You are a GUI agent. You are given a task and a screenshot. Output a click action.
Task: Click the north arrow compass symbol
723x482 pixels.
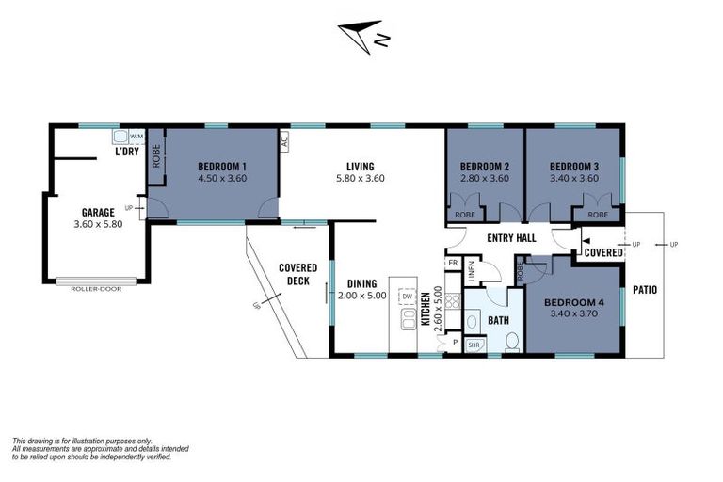362,36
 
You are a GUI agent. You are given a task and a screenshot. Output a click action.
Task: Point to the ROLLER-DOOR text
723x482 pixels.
97,288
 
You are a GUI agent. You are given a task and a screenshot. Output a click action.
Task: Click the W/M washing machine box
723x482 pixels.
137,136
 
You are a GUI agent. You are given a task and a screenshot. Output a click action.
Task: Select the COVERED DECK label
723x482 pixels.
297,273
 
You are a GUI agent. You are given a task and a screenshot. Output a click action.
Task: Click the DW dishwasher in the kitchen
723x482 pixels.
408,297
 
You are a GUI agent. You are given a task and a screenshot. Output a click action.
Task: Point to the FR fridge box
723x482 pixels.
453,264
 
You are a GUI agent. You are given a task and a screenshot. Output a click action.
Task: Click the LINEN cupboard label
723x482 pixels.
472,271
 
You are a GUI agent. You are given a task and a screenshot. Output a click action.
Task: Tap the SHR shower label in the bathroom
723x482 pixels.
474,344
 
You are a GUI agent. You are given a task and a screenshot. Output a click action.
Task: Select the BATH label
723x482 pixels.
498,320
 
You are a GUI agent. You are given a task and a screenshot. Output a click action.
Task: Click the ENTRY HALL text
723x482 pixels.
511,238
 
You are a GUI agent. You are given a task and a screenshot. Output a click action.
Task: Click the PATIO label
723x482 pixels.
645,289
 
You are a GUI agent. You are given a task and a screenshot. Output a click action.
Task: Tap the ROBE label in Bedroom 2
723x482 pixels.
465,215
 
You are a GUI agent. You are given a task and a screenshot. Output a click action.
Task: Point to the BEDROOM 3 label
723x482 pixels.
575,164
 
